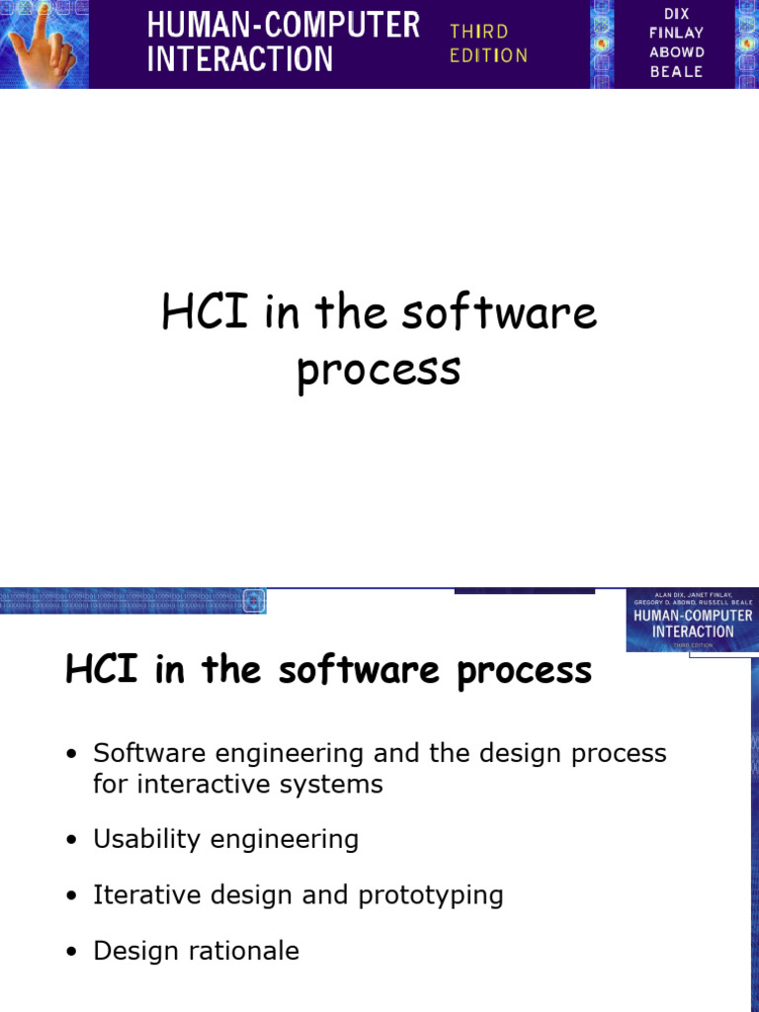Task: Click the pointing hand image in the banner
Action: click(x=43, y=43)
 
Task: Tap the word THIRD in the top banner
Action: click(x=479, y=32)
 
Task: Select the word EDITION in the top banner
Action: click(x=488, y=55)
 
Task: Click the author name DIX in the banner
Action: click(x=677, y=13)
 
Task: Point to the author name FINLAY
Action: click(x=677, y=33)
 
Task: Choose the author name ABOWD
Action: click(x=677, y=52)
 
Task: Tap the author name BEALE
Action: click(x=677, y=72)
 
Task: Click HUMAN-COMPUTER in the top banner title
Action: click(x=284, y=25)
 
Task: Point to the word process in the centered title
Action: click(x=379, y=369)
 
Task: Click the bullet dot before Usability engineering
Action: click(x=71, y=841)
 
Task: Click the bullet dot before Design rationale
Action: click(x=71, y=953)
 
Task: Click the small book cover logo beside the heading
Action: click(x=691, y=621)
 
